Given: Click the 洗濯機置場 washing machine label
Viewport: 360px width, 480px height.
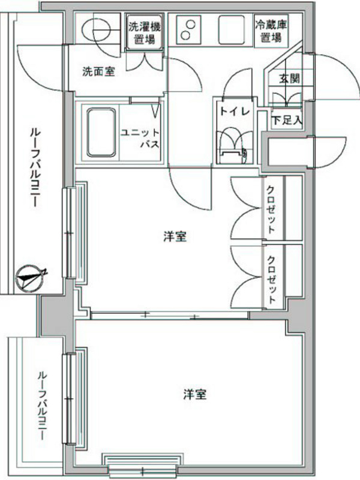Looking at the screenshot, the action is pyautogui.click(x=144, y=33).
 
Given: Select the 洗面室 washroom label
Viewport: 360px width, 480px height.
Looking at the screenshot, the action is pyautogui.click(x=98, y=71).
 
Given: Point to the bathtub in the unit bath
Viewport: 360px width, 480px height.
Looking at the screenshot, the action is pyautogui.click(x=101, y=132).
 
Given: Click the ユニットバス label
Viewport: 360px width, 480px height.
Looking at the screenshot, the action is pyautogui.click(x=140, y=138).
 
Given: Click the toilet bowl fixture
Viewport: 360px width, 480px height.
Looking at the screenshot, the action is pyautogui.click(x=232, y=148).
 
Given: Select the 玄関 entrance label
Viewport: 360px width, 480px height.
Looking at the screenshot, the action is pyautogui.click(x=289, y=79).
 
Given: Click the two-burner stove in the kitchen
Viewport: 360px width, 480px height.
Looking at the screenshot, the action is pyautogui.click(x=187, y=29).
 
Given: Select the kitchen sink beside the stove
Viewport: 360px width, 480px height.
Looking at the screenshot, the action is pyautogui.click(x=232, y=30).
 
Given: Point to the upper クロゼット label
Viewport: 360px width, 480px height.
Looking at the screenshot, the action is pyautogui.click(x=271, y=209).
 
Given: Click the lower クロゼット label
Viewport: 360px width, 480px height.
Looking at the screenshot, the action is pyautogui.click(x=272, y=280).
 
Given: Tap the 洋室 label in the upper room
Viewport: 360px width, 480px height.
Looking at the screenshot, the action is pyautogui.click(x=175, y=236).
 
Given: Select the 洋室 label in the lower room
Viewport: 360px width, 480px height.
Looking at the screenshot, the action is pyautogui.click(x=195, y=394).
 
